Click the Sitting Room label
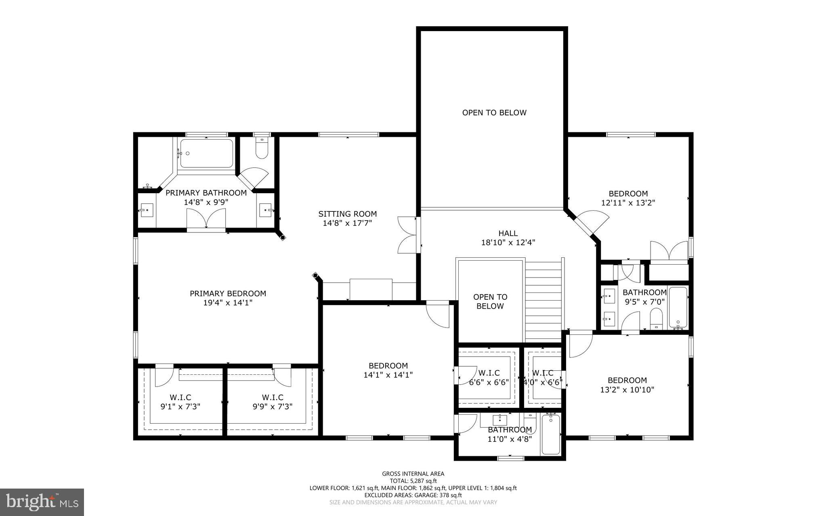coord(347,214)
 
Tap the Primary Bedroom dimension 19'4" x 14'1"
coord(228,303)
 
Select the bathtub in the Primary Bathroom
coord(206,153)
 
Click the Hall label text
coord(508,233)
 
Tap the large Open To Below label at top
coord(494,113)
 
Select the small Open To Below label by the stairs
coord(490,301)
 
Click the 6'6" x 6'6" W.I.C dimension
coord(489,382)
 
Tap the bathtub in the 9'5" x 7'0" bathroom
coord(678,307)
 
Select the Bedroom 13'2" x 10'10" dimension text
coord(627,390)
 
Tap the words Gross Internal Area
coord(413,474)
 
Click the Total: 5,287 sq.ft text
coord(413,481)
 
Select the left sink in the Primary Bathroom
coord(147,210)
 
